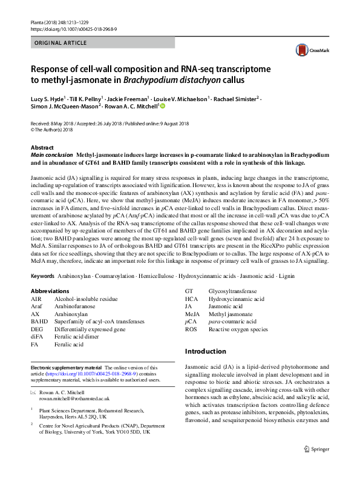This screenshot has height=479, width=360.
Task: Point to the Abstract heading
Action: (x=42, y=148)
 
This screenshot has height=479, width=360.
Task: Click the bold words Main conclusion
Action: (x=51, y=155)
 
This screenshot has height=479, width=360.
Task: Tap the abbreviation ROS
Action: (x=191, y=329)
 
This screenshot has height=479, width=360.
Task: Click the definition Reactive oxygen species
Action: (x=238, y=329)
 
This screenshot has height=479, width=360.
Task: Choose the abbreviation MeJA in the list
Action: (x=192, y=314)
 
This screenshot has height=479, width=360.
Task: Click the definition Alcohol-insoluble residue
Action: (x=86, y=299)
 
